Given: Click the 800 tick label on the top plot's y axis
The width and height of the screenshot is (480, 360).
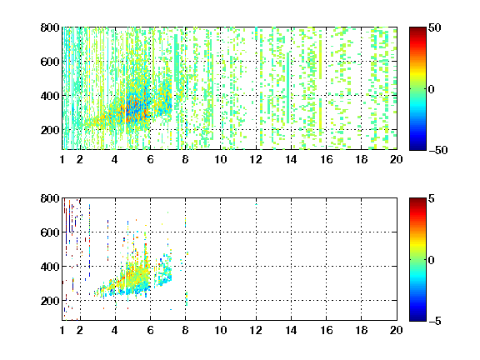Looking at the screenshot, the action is tap(50, 27).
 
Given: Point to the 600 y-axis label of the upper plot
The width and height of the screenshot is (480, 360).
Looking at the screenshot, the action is tap(50, 62).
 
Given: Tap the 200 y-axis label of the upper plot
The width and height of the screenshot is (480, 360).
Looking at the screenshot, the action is tap(50, 130).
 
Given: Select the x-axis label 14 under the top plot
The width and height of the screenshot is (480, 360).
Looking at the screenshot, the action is tap(291, 159).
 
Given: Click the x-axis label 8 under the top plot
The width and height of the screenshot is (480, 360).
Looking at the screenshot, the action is tap(185, 159).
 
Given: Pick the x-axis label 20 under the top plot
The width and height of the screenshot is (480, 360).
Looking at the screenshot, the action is tap(396, 159).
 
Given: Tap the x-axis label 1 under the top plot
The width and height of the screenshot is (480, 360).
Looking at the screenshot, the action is tap(62, 159).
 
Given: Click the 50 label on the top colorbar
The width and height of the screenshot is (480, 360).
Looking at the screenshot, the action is tap(434, 27).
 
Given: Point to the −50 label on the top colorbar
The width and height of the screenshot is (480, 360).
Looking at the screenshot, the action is tap(438, 150).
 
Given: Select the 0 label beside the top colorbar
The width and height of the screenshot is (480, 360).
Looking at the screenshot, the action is tap(432, 89).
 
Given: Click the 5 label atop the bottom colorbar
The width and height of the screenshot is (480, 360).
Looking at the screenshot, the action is tap(432, 198).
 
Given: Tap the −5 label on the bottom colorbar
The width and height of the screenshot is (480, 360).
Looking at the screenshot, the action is tap(435, 321).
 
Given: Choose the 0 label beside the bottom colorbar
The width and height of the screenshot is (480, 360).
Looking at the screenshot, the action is tap(432, 260).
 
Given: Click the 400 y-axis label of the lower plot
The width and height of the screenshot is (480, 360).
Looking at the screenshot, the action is tap(50, 267).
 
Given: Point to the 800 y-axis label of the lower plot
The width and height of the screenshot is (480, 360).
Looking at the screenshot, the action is tap(50, 198).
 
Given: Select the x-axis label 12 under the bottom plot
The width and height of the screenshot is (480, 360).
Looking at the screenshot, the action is tap(256, 330).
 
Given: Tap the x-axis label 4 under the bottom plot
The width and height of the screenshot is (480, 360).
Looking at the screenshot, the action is tap(115, 330).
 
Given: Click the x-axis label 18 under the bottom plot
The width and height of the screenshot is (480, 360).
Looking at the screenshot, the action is tap(361, 330).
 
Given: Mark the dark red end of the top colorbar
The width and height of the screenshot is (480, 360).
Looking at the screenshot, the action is tap(417, 29).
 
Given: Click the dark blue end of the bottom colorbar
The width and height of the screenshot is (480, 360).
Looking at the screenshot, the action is tap(417, 319).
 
